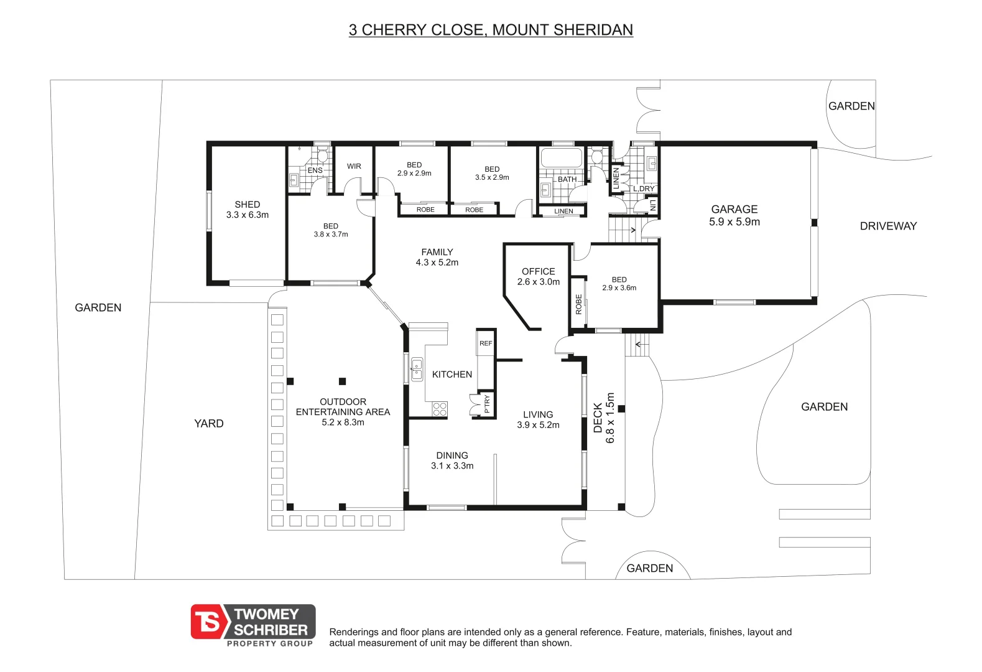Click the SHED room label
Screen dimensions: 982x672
tap(248, 205)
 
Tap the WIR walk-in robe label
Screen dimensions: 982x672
tap(354, 166)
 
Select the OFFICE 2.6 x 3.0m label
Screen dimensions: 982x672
tap(539, 277)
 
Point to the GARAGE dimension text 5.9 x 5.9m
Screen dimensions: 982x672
tap(734, 222)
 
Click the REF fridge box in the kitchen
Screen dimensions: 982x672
tap(485, 343)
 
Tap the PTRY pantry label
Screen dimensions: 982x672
tap(487, 404)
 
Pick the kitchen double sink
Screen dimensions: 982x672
tap(417, 369)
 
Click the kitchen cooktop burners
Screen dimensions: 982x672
tap(440, 409)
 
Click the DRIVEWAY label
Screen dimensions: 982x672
tap(888, 226)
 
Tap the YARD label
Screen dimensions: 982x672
tap(209, 423)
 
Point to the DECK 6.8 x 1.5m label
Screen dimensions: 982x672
tap(604, 418)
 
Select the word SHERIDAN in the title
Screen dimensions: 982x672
tap(593, 30)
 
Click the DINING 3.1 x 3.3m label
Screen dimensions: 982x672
tap(452, 460)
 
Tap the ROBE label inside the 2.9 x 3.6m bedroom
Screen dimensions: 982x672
tap(578, 304)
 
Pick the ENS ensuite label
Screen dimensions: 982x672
tap(315, 170)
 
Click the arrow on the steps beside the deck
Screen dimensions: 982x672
tap(639, 344)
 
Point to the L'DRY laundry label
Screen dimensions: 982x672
tap(644, 189)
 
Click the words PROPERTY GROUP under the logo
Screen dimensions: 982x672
tap(270, 643)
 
